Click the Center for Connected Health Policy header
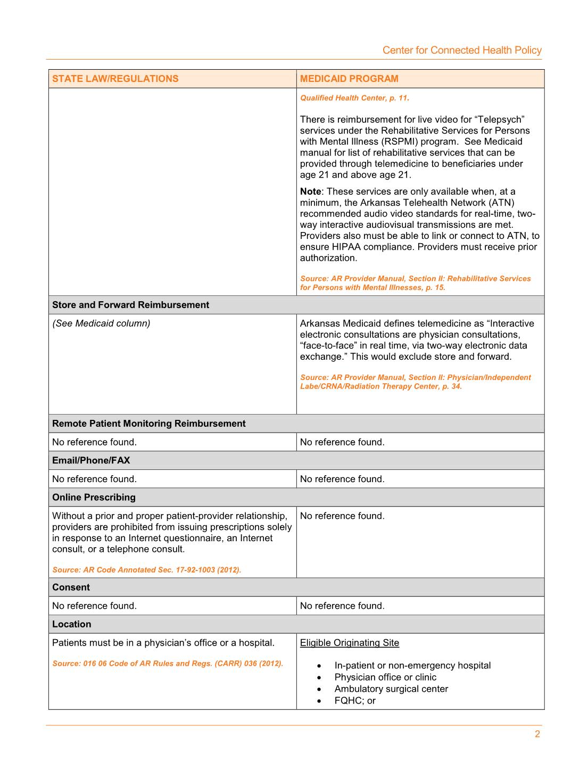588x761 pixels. [x=462, y=50]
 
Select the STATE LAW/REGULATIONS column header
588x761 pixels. [x=115, y=79]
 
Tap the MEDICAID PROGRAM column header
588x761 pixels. [x=349, y=79]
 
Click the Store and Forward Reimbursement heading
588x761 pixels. [x=130, y=305]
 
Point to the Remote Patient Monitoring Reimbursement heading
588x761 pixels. [x=148, y=424]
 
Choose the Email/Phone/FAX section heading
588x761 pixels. [x=91, y=460]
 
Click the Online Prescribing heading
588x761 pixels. [x=94, y=498]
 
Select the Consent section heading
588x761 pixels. [x=71, y=588]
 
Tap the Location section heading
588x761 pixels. [x=71, y=624]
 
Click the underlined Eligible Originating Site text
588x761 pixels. [x=349, y=643]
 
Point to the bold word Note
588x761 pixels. [x=310, y=192]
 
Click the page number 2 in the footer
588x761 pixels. [x=537, y=734]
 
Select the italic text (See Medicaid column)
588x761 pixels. [x=101, y=324]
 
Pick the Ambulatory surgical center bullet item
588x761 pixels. [x=391, y=689]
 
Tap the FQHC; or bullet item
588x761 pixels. [x=355, y=701]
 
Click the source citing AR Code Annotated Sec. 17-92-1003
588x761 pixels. [x=146, y=570]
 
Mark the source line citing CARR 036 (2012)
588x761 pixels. [x=168, y=664]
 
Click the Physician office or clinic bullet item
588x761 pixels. [x=385, y=677]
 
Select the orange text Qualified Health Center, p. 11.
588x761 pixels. [x=354, y=98]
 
